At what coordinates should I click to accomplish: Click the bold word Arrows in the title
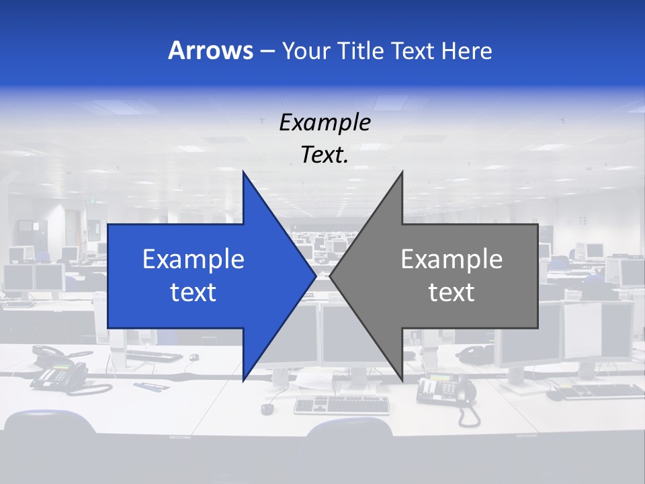tap(210, 50)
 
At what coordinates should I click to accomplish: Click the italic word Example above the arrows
tap(325, 122)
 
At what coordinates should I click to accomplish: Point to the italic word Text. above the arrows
tap(325, 155)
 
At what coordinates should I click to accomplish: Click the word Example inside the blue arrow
tap(193, 259)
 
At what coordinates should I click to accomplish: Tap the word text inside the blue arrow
tap(193, 292)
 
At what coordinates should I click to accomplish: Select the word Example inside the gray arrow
tap(451, 259)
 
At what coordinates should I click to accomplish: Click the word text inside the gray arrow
tap(451, 292)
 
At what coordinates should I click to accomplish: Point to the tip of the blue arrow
tap(316, 276)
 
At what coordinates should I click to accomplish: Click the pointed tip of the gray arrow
tap(330, 276)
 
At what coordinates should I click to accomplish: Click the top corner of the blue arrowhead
tap(243, 172)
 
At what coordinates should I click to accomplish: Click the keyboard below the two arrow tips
tap(341, 404)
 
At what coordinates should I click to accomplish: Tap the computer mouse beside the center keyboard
tap(268, 408)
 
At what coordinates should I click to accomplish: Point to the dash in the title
tap(267, 51)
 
